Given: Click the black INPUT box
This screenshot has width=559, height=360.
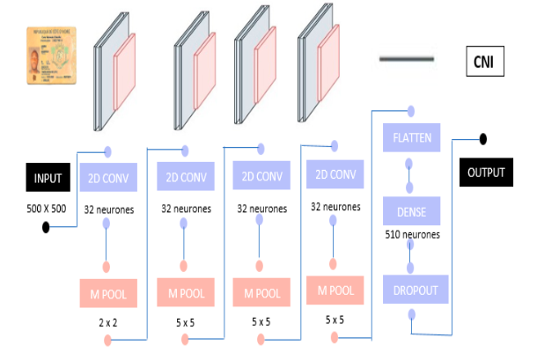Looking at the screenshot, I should pyautogui.click(x=48, y=178).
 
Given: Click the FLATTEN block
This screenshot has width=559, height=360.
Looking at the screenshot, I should pyautogui.click(x=409, y=137).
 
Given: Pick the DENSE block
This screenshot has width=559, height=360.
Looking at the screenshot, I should pyautogui.click(x=409, y=211).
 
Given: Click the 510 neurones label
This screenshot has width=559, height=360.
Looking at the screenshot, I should pyautogui.click(x=413, y=235).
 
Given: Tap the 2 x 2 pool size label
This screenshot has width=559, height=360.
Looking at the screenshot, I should pyautogui.click(x=107, y=323).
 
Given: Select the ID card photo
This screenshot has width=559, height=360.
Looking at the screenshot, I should pyautogui.click(x=52, y=55).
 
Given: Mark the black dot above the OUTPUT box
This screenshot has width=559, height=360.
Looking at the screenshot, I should pyautogui.click(x=482, y=138).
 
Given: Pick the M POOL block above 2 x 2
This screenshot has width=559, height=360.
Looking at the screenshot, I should pyautogui.click(x=108, y=293).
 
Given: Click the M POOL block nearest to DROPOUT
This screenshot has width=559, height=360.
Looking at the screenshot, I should pyautogui.click(x=335, y=290).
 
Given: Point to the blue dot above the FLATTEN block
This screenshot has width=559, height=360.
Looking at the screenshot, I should pyautogui.click(x=409, y=112).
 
